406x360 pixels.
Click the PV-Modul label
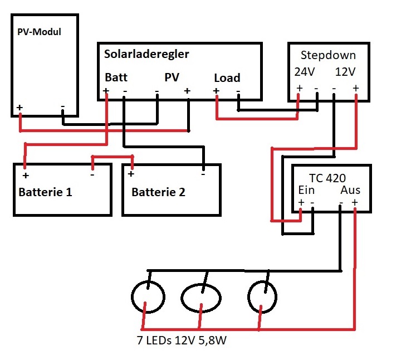pyautogui.click(x=39, y=32)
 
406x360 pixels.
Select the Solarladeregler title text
pyautogui.click(x=146, y=54)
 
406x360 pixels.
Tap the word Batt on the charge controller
pyautogui.click(x=116, y=78)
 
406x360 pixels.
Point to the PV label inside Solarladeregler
pyautogui.click(x=172, y=78)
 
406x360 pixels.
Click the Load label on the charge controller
pyautogui.click(x=227, y=78)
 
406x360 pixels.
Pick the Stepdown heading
pyautogui.click(x=328, y=56)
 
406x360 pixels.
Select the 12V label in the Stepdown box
pyautogui.click(x=346, y=72)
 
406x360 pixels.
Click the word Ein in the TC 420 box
pyautogui.click(x=307, y=190)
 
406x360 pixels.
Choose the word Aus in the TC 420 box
pyautogui.click(x=350, y=190)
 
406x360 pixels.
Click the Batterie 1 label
pyautogui.click(x=46, y=193)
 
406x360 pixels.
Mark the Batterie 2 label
pyautogui.click(x=159, y=193)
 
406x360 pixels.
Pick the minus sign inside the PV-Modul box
pyautogui.click(x=62, y=106)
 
